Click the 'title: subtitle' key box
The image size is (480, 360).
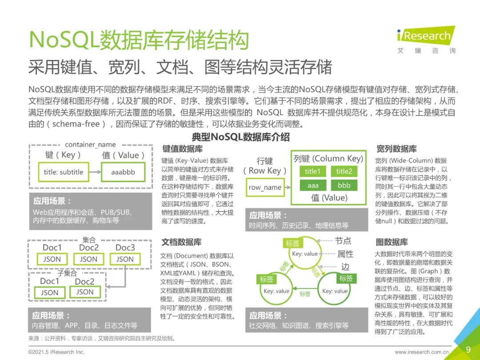pyautogui.click(x=64, y=172)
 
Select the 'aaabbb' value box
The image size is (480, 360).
pyautogui.click(x=123, y=172)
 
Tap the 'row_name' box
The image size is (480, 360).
pyautogui.click(x=265, y=187)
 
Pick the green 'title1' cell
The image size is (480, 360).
pyautogui.click(x=312, y=171)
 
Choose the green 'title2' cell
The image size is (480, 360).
pyautogui.click(x=344, y=171)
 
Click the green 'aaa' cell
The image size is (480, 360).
pyautogui.click(x=313, y=185)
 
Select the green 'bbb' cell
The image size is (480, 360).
pyautogui.click(x=344, y=185)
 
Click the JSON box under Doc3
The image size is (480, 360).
pyautogui.click(x=125, y=259)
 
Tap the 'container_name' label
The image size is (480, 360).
pyautogui.click(x=90, y=144)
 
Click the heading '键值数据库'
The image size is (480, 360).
pyautogui.click(x=182, y=149)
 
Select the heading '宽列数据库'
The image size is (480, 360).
pyautogui.click(x=396, y=149)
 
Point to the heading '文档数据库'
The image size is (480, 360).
pyautogui.click(x=181, y=242)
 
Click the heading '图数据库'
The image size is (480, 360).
pyautogui.click(x=392, y=242)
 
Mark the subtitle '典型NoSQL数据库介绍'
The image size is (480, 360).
pyautogui.click(x=240, y=136)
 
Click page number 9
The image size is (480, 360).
pyautogui.click(x=468, y=348)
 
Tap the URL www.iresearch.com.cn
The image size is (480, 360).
pyautogui.click(x=422, y=352)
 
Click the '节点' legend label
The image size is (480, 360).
pyautogui.click(x=343, y=241)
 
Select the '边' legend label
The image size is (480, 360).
pyautogui.click(x=345, y=267)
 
